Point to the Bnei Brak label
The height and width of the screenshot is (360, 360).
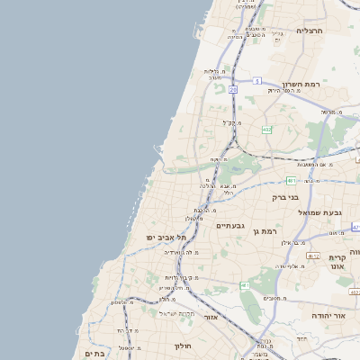click(x=285, y=197)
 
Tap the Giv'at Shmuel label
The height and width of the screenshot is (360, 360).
click(x=320, y=212)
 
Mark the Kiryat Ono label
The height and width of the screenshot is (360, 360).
click(x=337, y=262)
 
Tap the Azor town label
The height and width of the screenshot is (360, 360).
click(x=211, y=317)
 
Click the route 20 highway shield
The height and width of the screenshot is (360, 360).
click(x=232, y=90)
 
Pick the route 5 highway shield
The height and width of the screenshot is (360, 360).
click(x=256, y=81)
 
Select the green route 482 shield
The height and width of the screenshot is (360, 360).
click(x=266, y=130)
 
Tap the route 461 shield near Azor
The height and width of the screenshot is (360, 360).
click(x=245, y=285)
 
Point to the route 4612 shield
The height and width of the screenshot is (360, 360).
click(x=312, y=256)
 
